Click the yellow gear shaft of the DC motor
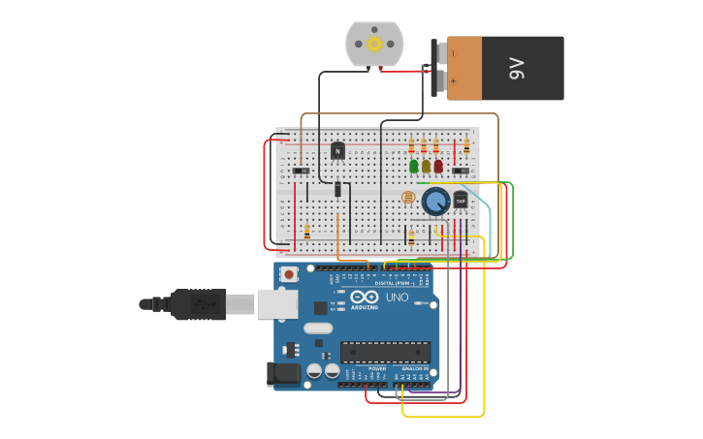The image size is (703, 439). (x=374, y=44)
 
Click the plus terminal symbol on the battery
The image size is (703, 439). (x=453, y=81)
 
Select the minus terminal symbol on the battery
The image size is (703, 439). (x=453, y=53)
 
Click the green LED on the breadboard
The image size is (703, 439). (x=414, y=167)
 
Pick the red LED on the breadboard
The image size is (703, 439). (x=438, y=167)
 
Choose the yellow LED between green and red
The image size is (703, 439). (x=426, y=167)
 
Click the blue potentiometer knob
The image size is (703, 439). (x=435, y=202)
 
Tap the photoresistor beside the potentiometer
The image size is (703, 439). (x=408, y=198)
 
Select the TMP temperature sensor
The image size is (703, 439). (x=461, y=199)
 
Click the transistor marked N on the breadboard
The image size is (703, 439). (x=337, y=151)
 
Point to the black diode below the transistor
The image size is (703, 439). (x=337, y=189)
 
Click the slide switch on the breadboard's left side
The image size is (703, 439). (x=302, y=172)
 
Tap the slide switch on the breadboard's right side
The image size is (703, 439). (x=462, y=172)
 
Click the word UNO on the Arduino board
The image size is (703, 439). (x=397, y=298)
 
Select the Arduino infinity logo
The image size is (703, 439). (x=365, y=297)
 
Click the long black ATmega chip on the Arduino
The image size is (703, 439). (x=385, y=352)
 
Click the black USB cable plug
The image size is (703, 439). (x=199, y=304)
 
